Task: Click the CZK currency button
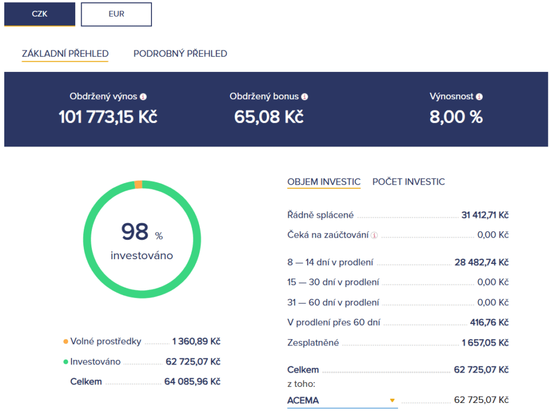pyautogui.click(x=40, y=14)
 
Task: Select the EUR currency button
pyautogui.click(x=117, y=14)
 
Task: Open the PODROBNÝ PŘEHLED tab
pyautogui.click(x=180, y=54)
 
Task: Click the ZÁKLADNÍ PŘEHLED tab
pyautogui.click(x=65, y=54)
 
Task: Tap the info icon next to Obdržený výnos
pyautogui.click(x=143, y=97)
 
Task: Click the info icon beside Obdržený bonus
pyautogui.click(x=305, y=97)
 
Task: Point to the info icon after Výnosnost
pyautogui.click(x=479, y=97)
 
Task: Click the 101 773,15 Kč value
pyautogui.click(x=108, y=116)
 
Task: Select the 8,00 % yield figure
pyautogui.click(x=456, y=116)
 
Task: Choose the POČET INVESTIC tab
pyautogui.click(x=409, y=181)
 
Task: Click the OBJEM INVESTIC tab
pyautogui.click(x=324, y=181)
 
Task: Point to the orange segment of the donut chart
pyautogui.click(x=139, y=185)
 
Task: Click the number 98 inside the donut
pyautogui.click(x=135, y=232)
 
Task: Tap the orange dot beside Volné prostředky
pyautogui.click(x=66, y=342)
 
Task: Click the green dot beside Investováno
pyautogui.click(x=66, y=362)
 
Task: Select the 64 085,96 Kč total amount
pyautogui.click(x=192, y=381)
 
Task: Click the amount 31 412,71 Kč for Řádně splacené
pyautogui.click(x=485, y=215)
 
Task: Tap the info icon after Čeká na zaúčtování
pyautogui.click(x=374, y=236)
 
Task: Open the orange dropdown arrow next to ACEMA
pyautogui.click(x=392, y=400)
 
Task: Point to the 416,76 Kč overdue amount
pyautogui.click(x=489, y=322)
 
